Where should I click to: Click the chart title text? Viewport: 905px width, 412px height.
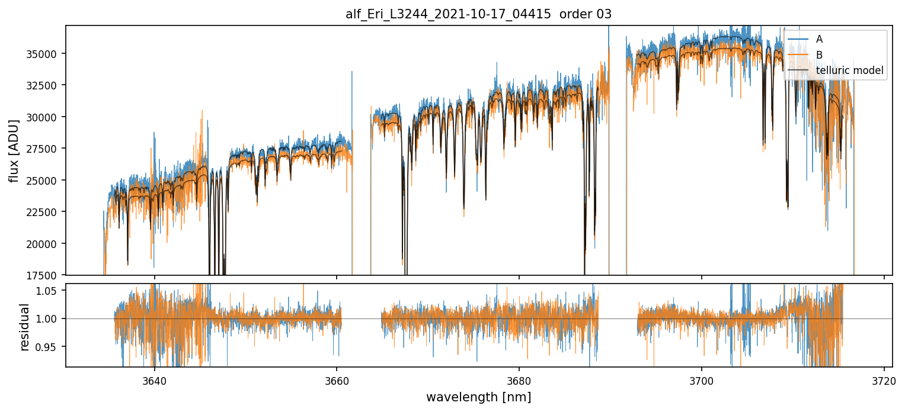point(478,14)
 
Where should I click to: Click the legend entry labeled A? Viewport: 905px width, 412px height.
point(819,39)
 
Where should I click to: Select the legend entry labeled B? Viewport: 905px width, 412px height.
point(819,55)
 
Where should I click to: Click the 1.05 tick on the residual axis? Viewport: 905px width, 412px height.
point(50,291)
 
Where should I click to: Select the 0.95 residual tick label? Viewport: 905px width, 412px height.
point(50,346)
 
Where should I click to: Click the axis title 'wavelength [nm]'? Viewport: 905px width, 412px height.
point(478,397)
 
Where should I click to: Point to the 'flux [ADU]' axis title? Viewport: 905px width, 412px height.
point(14,150)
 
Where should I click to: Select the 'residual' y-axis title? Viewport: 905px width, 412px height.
point(24,327)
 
